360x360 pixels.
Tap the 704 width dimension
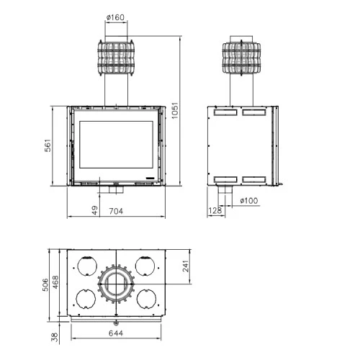pos(115,211)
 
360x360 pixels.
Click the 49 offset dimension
pos(94,211)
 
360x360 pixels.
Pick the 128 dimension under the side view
pos(215,210)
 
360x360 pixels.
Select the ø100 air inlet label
pos(249,200)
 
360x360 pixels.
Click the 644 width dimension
pos(115,333)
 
